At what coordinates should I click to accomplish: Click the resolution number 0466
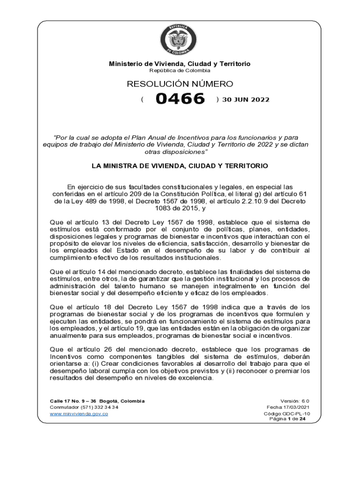click(180, 99)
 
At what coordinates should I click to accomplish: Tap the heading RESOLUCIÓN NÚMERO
click(180, 84)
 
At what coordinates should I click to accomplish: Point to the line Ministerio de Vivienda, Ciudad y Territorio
click(180, 64)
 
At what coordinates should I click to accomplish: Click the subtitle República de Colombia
click(180, 71)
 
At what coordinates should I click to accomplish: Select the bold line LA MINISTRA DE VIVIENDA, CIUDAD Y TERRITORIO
click(180, 166)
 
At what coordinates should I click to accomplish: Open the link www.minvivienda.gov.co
click(79, 414)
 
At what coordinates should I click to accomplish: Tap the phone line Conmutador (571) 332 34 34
click(84, 407)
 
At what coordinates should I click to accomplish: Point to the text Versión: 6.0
click(295, 401)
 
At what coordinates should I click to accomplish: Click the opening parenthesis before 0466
click(142, 100)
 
